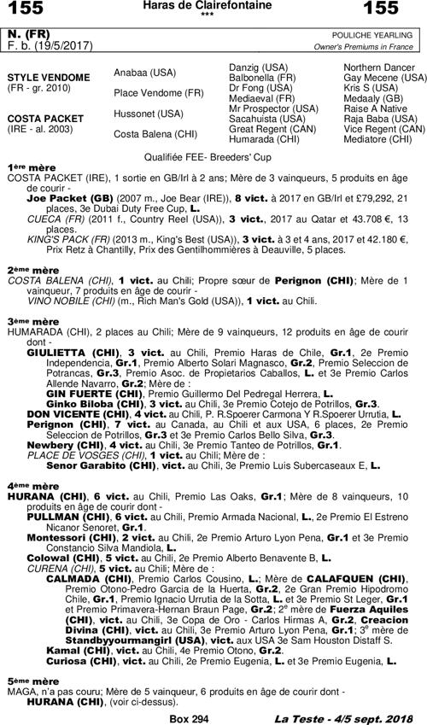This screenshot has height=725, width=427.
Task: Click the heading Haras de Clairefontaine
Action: [x=213, y=7]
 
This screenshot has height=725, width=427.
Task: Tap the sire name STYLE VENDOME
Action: [x=49, y=78]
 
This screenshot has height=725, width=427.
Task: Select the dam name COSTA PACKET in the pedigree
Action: [x=46, y=119]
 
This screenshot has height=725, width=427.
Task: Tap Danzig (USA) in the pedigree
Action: [x=259, y=67]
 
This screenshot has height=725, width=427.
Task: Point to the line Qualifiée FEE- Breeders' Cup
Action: [x=213, y=158]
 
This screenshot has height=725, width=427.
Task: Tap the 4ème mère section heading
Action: [x=29, y=484]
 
